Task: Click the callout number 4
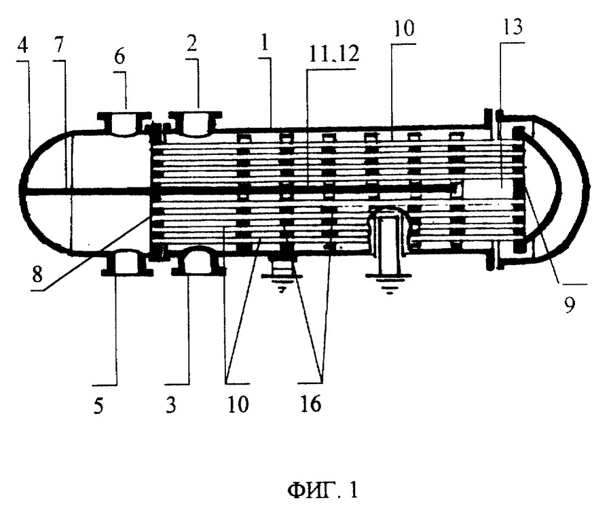pos(23,46)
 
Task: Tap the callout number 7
pos(58,46)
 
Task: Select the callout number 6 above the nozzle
pos(119,56)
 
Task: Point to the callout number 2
pos(191,44)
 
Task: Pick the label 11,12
pos(333,55)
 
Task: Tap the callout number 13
pos(512,27)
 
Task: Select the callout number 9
pos(570,305)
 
